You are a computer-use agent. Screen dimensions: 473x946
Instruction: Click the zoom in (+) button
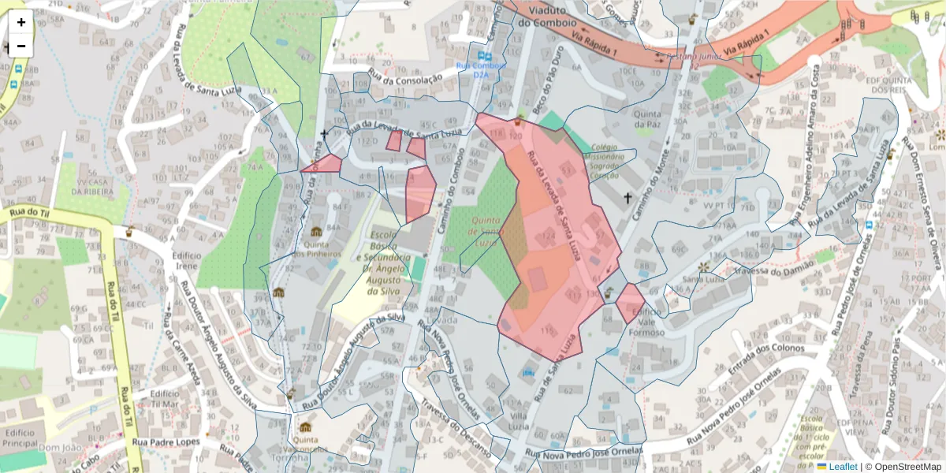click(21, 22)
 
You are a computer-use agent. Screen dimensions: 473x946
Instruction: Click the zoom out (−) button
click(21, 46)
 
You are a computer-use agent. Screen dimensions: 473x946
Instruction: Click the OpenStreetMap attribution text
click(903, 467)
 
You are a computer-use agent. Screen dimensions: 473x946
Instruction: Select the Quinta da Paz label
click(647, 118)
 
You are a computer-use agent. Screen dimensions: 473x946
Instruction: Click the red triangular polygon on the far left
click(326, 164)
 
